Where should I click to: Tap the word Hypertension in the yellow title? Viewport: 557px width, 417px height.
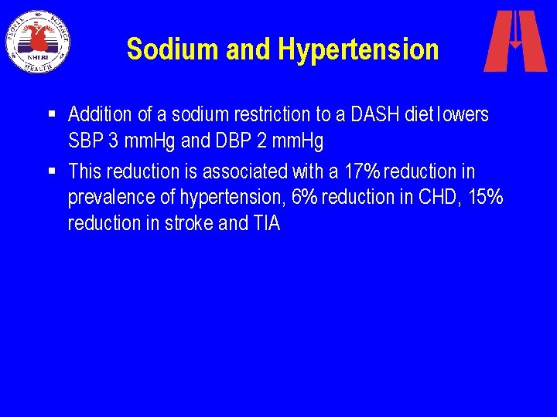tap(358, 49)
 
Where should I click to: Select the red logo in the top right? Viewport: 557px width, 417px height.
tap(514, 41)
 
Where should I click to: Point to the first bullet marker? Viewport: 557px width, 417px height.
tap(51, 114)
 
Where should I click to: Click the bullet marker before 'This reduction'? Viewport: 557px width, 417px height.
tap(51, 169)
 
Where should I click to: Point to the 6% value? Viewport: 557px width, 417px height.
tap(305, 197)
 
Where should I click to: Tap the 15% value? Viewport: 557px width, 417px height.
tap(485, 197)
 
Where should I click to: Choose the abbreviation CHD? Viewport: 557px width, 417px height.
tap(438, 197)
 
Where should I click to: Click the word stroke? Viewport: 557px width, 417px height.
tap(188, 224)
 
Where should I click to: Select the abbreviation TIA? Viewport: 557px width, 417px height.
tap(265, 224)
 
